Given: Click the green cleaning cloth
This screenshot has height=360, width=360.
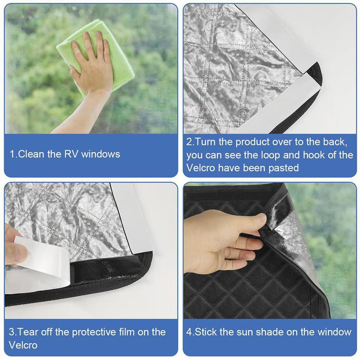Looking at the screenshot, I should (x=116, y=67).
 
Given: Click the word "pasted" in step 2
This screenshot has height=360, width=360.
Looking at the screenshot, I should (x=283, y=168).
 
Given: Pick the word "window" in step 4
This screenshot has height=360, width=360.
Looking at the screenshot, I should (x=334, y=332).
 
